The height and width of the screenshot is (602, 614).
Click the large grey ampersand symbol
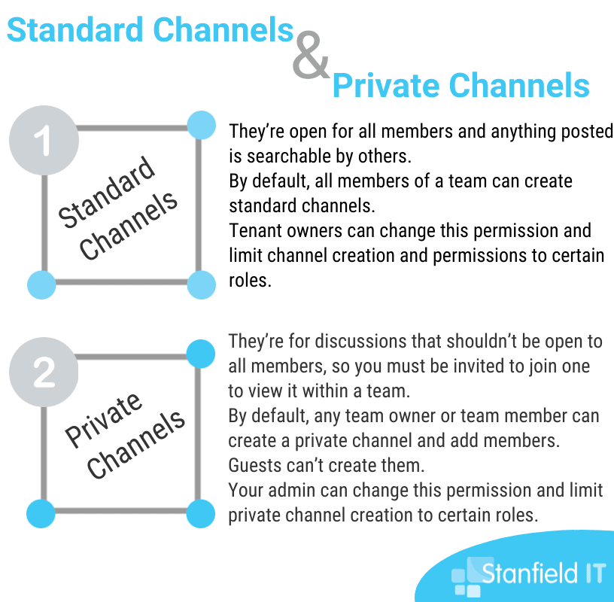pos(311,55)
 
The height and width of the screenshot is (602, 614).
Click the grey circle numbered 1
pos(44,140)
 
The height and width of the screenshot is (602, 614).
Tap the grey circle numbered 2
pos(44,372)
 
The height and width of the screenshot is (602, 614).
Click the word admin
pos(292,491)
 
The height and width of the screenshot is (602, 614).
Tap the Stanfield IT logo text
pos(543,573)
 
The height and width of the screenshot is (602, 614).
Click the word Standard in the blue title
pos(75,30)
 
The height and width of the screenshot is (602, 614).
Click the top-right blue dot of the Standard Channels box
pos(201,125)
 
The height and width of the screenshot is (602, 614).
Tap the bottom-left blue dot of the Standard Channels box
pos(41,284)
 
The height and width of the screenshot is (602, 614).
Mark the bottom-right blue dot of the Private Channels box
pos(200,513)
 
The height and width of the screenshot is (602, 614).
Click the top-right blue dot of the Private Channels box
pos(200,354)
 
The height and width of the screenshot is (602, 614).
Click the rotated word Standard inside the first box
pos(107,192)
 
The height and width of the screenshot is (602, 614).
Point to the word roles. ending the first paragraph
pos(250,281)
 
